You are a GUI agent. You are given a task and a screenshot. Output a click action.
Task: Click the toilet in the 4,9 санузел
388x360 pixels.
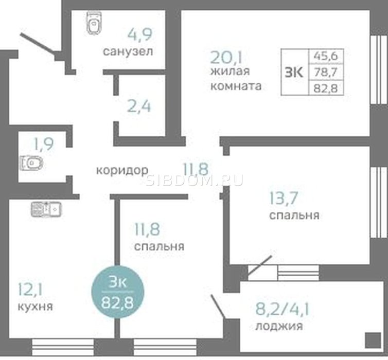pos(94,23)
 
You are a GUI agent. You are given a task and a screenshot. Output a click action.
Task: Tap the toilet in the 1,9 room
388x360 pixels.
pos(31,163)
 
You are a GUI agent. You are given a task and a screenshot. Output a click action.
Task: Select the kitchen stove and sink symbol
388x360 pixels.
pos(46,209)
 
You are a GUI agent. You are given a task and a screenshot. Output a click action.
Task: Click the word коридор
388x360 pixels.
pos(122,170)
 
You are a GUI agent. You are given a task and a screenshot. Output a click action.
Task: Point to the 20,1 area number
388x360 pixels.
pos(226,57)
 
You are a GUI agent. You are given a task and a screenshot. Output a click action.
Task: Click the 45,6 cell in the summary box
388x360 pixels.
pos(326,56)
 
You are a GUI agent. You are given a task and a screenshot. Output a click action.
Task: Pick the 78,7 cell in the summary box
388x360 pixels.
pos(326,72)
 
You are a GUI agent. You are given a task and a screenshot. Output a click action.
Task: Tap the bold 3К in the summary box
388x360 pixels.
pos(294,73)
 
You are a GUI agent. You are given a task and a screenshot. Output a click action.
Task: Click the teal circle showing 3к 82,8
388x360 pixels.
pos(118,292)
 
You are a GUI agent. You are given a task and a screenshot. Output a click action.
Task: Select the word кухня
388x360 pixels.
pos(36,307)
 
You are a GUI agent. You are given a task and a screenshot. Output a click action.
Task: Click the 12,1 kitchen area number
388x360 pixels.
pos(30,290)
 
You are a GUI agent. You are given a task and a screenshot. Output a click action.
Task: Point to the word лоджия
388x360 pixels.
pos(279,326)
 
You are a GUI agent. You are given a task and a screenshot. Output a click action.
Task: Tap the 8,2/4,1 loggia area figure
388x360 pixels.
pos(283,309)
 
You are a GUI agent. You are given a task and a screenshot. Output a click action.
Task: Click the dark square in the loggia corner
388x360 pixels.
pos(373,340)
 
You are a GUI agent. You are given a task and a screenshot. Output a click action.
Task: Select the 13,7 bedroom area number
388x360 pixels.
pos(284,198)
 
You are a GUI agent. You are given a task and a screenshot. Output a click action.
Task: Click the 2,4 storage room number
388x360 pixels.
pos(139,106)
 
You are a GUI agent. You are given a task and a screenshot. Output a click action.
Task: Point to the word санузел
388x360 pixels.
pos(128,51)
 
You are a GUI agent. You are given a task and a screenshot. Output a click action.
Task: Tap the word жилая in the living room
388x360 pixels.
pos(230,71)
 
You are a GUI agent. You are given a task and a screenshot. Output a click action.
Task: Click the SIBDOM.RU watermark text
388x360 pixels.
pos(195,180)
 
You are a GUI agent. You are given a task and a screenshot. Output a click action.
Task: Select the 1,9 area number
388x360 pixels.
pos(44,144)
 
